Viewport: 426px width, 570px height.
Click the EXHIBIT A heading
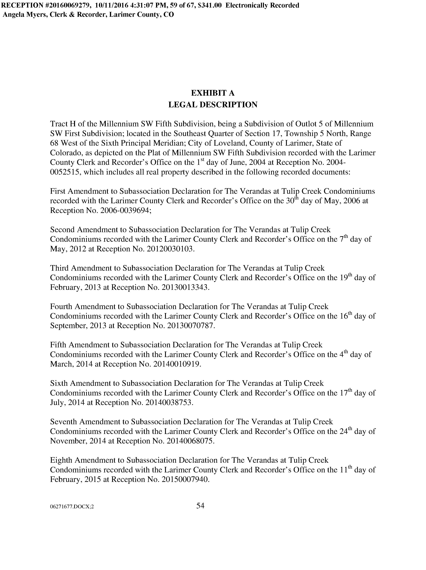pos(212,93)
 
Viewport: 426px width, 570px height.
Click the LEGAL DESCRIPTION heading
pos(213,105)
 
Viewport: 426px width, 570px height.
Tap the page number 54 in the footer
pos(200,506)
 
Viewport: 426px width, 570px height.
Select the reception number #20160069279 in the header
pos(66,5)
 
